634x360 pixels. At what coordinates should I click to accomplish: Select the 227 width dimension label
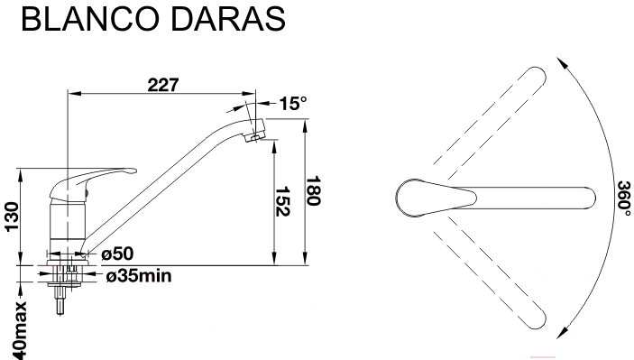tap(163, 85)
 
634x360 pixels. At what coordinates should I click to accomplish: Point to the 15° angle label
tap(293, 103)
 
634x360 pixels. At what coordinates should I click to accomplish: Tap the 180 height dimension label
tap(313, 191)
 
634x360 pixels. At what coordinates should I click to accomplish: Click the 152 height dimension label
tap(282, 201)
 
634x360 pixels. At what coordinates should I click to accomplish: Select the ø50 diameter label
tap(117, 254)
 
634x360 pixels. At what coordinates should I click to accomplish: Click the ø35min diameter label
tap(139, 276)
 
